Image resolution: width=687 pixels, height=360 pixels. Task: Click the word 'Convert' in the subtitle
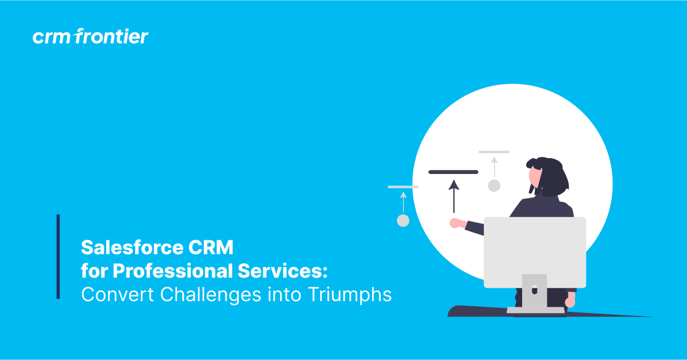(x=117, y=294)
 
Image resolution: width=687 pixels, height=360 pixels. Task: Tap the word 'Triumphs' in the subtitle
(x=349, y=294)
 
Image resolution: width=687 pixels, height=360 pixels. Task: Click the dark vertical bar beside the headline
(x=58, y=256)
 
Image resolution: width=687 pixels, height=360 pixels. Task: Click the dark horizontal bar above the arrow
(x=453, y=172)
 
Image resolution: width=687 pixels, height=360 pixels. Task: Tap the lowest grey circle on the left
(x=403, y=221)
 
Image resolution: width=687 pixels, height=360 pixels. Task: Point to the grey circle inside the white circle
(x=494, y=185)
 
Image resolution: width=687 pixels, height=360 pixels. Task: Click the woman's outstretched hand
(x=456, y=223)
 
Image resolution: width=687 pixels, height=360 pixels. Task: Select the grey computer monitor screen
(x=535, y=252)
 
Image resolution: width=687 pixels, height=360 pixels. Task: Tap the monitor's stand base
(x=535, y=310)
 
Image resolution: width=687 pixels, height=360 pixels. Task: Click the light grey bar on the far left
(x=403, y=187)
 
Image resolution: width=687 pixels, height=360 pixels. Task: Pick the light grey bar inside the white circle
(x=494, y=152)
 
